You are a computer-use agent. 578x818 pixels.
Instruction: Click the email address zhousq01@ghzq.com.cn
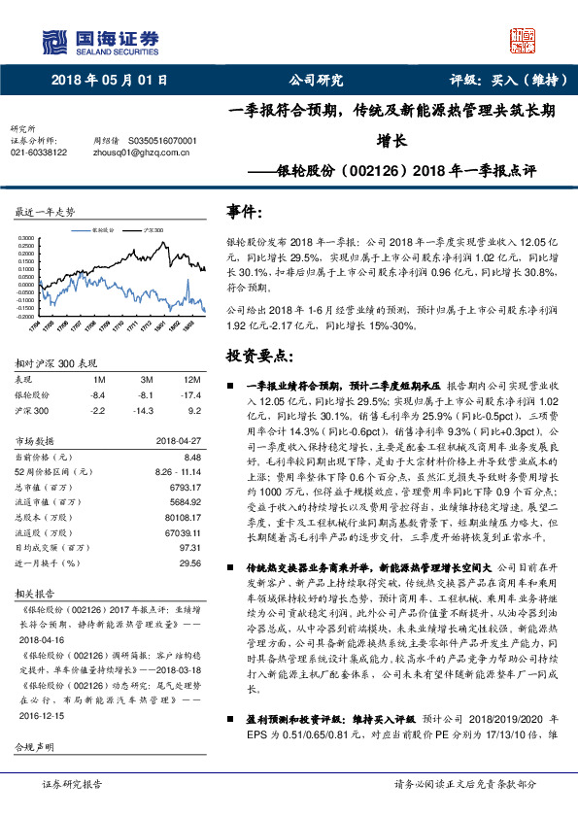pos(132,153)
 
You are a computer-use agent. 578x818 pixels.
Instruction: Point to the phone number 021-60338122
pos(39,153)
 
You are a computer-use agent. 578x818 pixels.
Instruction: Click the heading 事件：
pos(245,211)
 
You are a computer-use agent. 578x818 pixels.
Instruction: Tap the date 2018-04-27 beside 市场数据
pos(179,441)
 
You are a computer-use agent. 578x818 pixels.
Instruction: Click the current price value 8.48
pos(190,456)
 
